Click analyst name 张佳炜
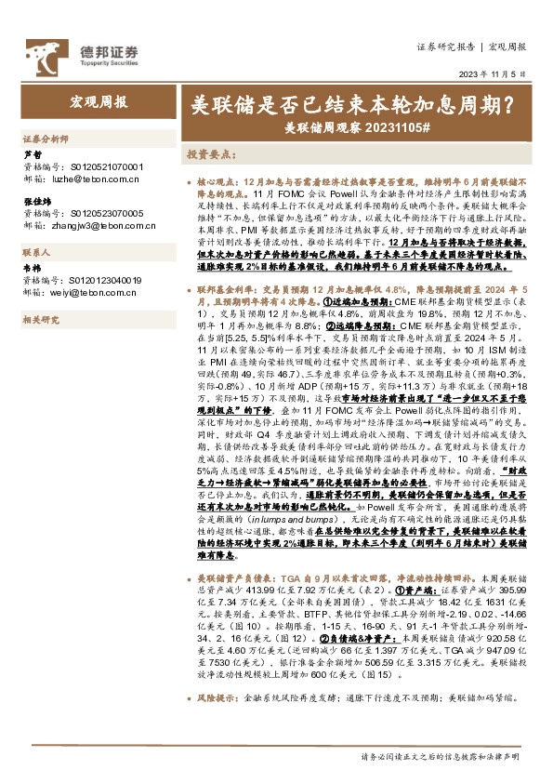tap(38, 202)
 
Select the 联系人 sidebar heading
tap(36, 252)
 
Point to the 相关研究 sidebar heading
tap(40, 320)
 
